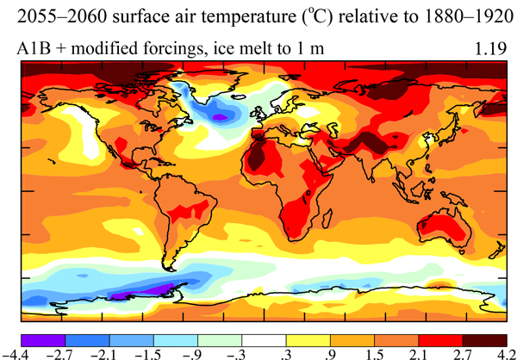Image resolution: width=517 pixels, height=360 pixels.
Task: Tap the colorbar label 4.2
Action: pos(496,351)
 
